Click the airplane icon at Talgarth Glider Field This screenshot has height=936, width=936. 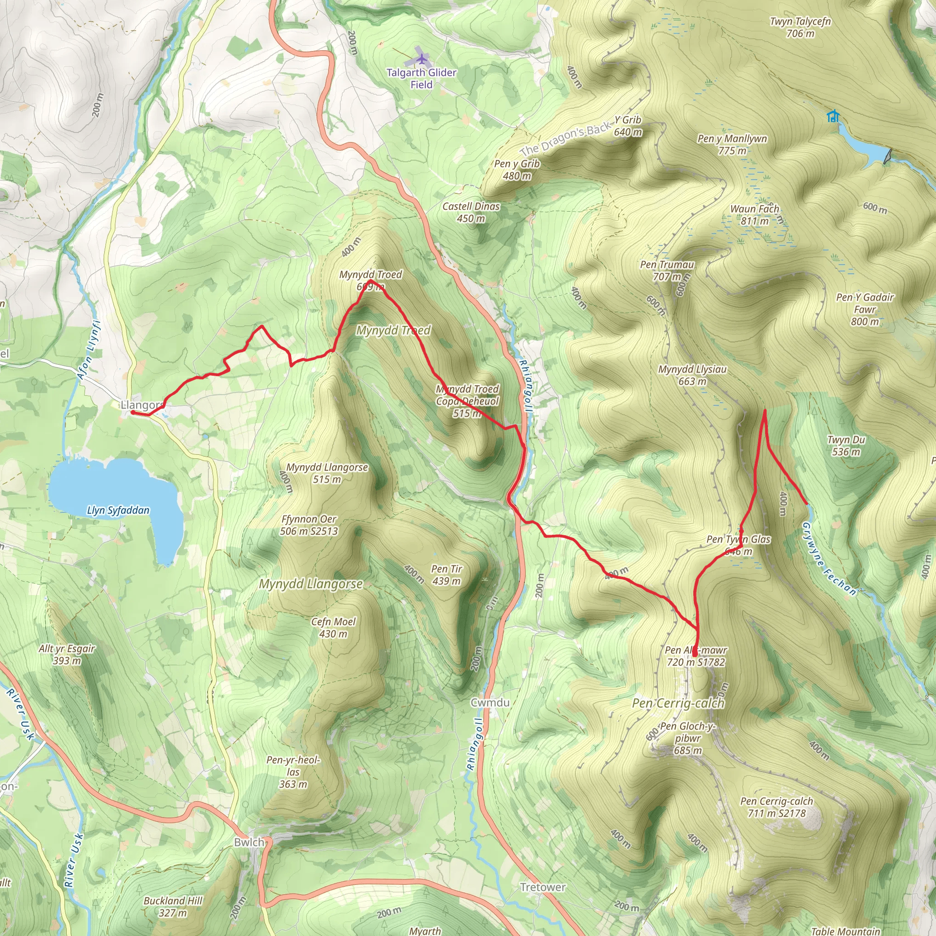pos(422,59)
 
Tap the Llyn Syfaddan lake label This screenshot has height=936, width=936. pos(118,510)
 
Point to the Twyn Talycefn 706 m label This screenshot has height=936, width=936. pos(800,27)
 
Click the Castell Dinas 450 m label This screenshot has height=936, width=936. pos(471,212)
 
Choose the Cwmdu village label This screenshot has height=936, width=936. pos(490,702)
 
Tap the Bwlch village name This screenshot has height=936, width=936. pos(249,842)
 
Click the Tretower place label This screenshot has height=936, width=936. pos(542,887)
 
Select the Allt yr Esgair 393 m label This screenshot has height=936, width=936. pos(67,654)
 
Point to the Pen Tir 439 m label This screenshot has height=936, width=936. pos(446,574)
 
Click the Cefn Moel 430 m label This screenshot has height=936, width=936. pos(333,628)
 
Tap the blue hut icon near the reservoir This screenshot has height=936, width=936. pos(833,116)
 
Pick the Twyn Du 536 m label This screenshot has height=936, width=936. pos(846,446)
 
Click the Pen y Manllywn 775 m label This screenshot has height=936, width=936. pos(732,144)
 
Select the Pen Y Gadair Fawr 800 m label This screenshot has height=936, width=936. pos(865,309)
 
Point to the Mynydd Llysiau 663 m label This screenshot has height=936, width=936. pos(692,375)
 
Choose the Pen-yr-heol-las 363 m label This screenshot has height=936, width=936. pos(293,772)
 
